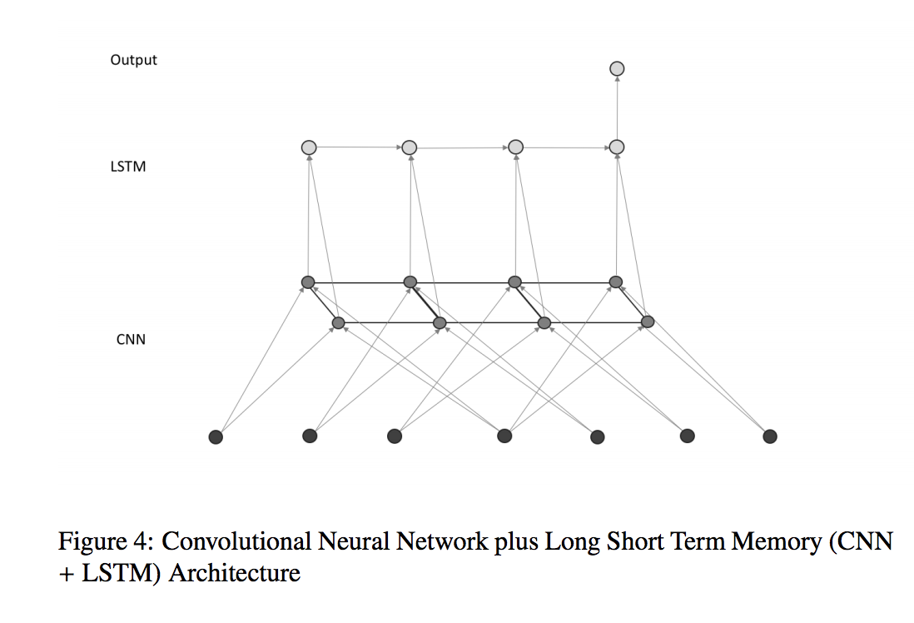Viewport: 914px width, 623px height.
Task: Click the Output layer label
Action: pyautogui.click(x=133, y=60)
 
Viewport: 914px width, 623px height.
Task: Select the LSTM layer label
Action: pyautogui.click(x=128, y=167)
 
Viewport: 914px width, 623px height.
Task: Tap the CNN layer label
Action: pyautogui.click(x=132, y=340)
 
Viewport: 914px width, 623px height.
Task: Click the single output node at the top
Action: pyautogui.click(x=617, y=69)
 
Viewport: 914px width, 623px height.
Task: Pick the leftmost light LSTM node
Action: pyautogui.click(x=309, y=147)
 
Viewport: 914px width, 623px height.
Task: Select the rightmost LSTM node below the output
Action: pyautogui.click(x=617, y=147)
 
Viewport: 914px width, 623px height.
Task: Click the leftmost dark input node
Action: pyautogui.click(x=216, y=437)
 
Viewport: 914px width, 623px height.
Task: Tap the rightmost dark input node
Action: pyautogui.click(x=770, y=436)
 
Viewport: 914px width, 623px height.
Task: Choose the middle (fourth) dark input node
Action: pyautogui.click(x=504, y=436)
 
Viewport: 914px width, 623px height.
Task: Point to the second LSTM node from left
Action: pyautogui.click(x=410, y=147)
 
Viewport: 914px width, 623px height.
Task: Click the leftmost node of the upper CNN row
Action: pyautogui.click(x=308, y=283)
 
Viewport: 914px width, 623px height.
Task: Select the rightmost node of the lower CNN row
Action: pyautogui.click(x=648, y=321)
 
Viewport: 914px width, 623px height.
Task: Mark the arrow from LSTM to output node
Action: pyautogui.click(x=617, y=108)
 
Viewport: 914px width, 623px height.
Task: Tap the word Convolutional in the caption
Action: pyautogui.click(x=236, y=541)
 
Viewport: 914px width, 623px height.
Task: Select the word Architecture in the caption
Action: pyautogui.click(x=235, y=573)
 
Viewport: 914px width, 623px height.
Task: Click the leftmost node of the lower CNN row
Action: pyautogui.click(x=338, y=322)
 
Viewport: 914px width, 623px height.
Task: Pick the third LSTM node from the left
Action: pyautogui.click(x=516, y=147)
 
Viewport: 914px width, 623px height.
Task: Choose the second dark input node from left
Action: pyautogui.click(x=310, y=436)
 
